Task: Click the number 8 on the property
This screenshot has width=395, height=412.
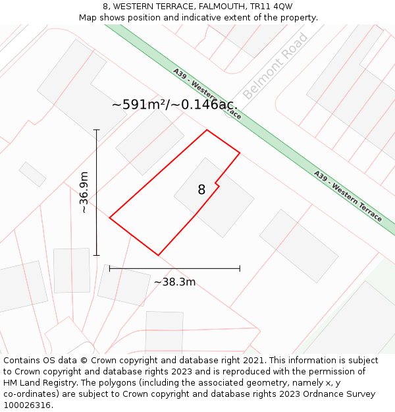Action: click(201, 190)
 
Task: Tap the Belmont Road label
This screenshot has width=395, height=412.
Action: click(275, 66)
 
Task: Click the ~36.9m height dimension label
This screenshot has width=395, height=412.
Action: click(84, 192)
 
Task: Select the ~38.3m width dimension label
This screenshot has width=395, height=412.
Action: click(174, 282)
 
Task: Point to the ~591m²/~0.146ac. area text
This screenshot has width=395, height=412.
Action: click(174, 105)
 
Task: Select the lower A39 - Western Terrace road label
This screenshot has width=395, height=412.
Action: click(348, 196)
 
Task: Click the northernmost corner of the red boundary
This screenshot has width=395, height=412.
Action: click(207, 130)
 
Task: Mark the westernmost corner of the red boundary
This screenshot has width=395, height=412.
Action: click(109, 218)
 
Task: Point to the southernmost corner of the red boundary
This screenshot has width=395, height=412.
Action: click(158, 255)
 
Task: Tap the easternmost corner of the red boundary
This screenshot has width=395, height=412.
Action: click(240, 154)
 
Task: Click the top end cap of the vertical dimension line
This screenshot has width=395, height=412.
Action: click(97, 130)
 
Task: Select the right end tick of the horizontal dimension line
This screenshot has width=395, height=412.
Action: click(240, 268)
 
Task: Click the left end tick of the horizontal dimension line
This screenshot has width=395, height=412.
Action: click(109, 268)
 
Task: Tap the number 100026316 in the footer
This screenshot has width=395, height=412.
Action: click(27, 405)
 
